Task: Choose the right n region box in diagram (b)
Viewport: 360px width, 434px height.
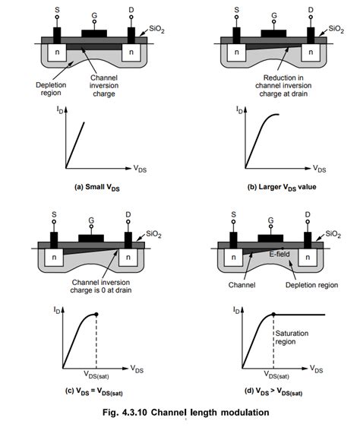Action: [309, 55]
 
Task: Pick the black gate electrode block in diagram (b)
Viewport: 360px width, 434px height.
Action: [271, 34]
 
